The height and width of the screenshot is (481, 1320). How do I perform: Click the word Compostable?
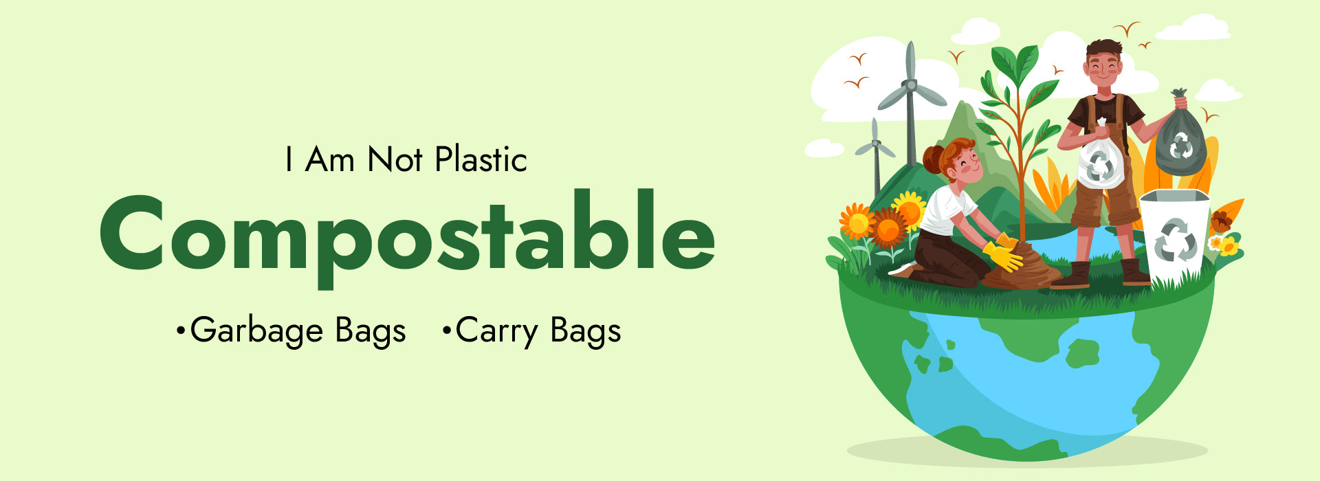pyautogui.click(x=407, y=234)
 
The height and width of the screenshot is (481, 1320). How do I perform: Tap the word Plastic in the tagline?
pyautogui.click(x=481, y=159)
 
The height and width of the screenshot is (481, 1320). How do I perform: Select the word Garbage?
pyautogui.click(x=256, y=331)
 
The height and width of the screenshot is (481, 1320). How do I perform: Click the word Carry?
pyautogui.click(x=496, y=331)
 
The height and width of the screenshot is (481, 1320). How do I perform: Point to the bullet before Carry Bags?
pyautogui.click(x=447, y=331)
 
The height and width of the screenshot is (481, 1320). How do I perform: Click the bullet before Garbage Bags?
pyautogui.click(x=181, y=331)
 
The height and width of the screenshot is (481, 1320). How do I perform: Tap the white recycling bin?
pyautogui.click(x=1174, y=234)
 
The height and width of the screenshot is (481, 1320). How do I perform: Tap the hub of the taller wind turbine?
pyautogui.click(x=910, y=85)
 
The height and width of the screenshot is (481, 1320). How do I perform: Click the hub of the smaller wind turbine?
pyautogui.click(x=874, y=144)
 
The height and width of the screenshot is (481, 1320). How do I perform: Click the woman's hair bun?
pyautogui.click(x=934, y=159)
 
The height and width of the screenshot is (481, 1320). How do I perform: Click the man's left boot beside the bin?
pyautogui.click(x=1135, y=272)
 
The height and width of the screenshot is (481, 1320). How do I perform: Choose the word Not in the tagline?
pyautogui.click(x=395, y=159)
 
